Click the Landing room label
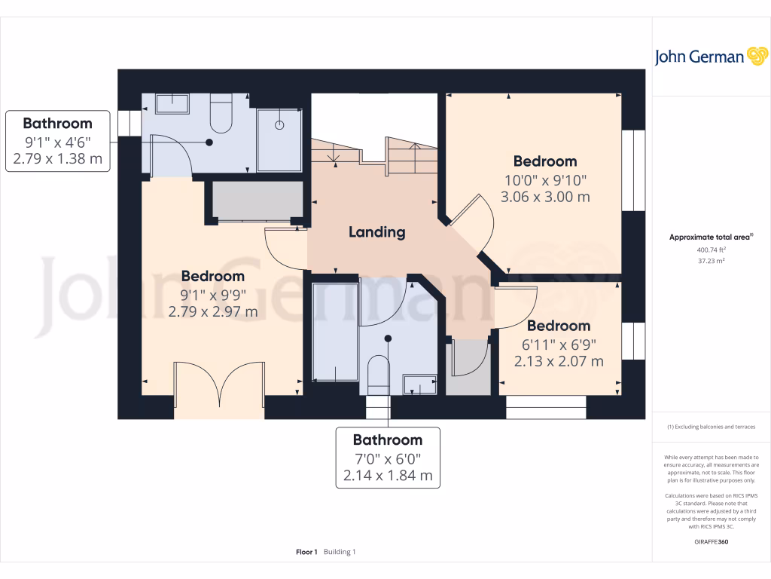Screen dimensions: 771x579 (x=377, y=232)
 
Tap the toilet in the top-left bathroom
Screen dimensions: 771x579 (x=221, y=113)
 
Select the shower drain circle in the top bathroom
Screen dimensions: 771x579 (x=279, y=125)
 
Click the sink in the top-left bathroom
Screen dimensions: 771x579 (x=172, y=104)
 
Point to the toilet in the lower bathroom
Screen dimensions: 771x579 (x=379, y=375)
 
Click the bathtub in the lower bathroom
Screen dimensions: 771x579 (x=335, y=332)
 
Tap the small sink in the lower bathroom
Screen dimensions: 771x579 (x=419, y=384)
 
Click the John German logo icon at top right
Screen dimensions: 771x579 (x=757, y=56)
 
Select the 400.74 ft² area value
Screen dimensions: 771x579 (x=711, y=250)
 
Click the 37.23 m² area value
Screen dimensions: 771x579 (x=711, y=261)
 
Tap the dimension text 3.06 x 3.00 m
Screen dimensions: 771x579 (x=545, y=197)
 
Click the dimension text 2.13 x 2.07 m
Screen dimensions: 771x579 (x=559, y=361)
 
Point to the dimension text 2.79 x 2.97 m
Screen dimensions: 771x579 (x=213, y=311)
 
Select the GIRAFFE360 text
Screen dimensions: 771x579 (x=711, y=541)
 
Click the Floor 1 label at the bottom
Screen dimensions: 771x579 (x=307, y=552)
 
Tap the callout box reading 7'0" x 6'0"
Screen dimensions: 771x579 (x=388, y=458)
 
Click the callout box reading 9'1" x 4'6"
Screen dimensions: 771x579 (x=57, y=141)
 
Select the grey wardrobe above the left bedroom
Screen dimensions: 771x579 (x=258, y=201)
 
